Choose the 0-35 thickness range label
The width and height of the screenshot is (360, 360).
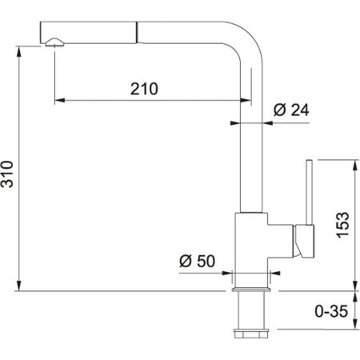[x=331, y=311]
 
